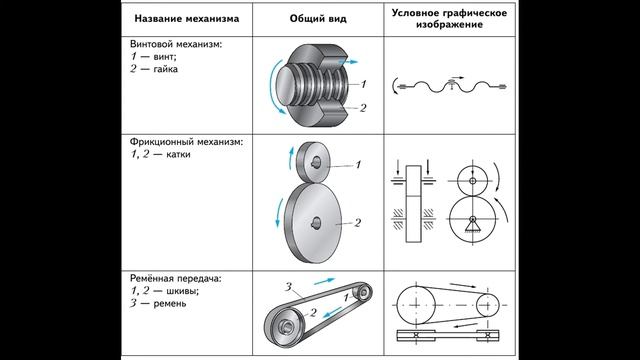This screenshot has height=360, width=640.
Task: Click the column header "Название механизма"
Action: click(x=187, y=18)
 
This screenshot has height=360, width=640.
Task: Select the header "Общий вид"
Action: click(x=318, y=18)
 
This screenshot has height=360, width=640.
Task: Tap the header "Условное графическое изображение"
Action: click(x=449, y=18)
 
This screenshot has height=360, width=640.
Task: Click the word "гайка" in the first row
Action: click(x=165, y=69)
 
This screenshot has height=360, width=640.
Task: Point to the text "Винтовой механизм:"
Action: click(x=176, y=44)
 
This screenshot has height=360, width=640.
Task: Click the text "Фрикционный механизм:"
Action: click(x=186, y=142)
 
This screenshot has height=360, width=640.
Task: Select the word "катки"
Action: click(x=178, y=154)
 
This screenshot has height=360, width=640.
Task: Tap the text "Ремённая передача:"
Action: click(x=176, y=278)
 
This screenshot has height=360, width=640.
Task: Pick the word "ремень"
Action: click(x=169, y=304)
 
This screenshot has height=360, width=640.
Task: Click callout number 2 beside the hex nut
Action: click(x=363, y=108)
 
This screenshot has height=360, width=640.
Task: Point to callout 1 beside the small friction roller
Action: click(x=358, y=164)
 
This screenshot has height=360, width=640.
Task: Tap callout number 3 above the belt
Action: click(x=288, y=287)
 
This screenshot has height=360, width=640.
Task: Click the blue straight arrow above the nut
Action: click(x=348, y=62)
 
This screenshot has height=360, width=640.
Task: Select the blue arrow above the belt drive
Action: click(x=324, y=281)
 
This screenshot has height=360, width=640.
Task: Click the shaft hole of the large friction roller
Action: click(x=316, y=222)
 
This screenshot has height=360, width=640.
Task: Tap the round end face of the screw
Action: click(x=288, y=85)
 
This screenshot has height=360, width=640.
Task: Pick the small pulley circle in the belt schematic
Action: click(x=488, y=305)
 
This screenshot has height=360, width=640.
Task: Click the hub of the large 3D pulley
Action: click(x=287, y=325)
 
